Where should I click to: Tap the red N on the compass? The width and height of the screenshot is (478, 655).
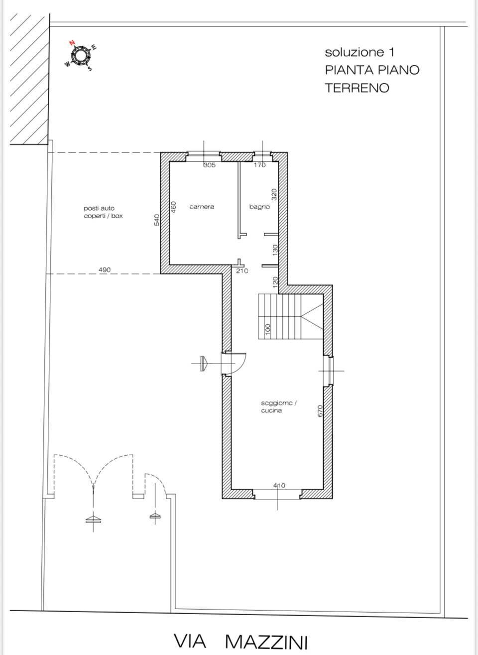point(72,43)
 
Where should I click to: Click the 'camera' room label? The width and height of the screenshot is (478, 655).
point(202,207)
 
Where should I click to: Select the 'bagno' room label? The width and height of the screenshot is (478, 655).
point(259,207)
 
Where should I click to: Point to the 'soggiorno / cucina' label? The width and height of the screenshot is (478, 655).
point(279,407)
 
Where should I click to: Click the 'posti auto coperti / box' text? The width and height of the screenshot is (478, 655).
point(103,212)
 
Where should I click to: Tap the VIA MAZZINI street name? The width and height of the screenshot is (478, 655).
point(241,641)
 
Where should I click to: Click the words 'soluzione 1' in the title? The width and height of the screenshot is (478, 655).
point(359,52)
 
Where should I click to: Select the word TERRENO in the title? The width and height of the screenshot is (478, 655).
point(357,88)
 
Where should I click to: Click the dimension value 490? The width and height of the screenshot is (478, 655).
point(105,269)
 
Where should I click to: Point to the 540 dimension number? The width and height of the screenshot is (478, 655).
point(157,220)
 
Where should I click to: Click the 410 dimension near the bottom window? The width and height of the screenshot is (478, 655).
point(279,486)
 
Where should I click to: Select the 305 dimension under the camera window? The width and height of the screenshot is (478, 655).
point(209,165)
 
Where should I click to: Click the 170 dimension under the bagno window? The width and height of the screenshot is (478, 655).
point(259,165)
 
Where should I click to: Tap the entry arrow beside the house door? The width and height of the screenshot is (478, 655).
point(204,364)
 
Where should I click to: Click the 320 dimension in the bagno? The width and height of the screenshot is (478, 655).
point(274,194)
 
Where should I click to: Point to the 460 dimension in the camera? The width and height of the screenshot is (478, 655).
point(173,207)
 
